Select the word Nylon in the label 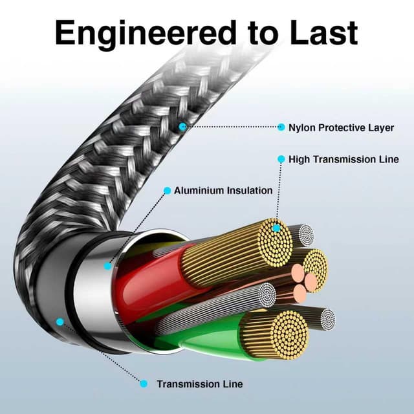tap(301, 127)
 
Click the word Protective tap(344, 127)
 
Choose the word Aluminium tap(199, 191)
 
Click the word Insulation tap(249, 191)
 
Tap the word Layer tap(381, 127)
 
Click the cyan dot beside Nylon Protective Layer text tap(281, 127)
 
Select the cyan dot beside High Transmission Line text tap(281, 159)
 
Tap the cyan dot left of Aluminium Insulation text tap(167, 191)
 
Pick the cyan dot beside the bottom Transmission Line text tap(143, 384)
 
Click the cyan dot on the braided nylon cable tap(183, 127)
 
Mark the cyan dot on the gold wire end tap(277, 228)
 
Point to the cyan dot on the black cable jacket tap(60, 321)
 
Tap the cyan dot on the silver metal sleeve tap(107, 265)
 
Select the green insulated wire tap(207, 336)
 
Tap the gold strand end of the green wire tap(282, 334)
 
